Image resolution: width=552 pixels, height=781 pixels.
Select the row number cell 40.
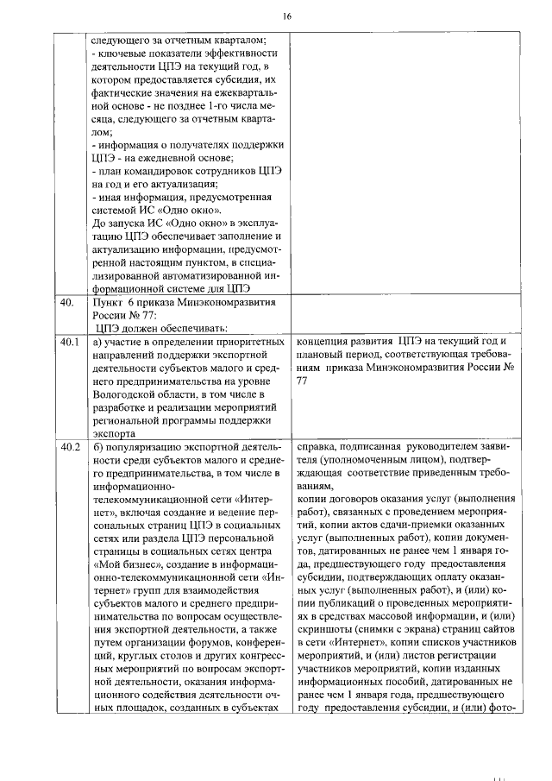[66, 303]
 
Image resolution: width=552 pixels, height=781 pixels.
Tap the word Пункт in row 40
[110, 303]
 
